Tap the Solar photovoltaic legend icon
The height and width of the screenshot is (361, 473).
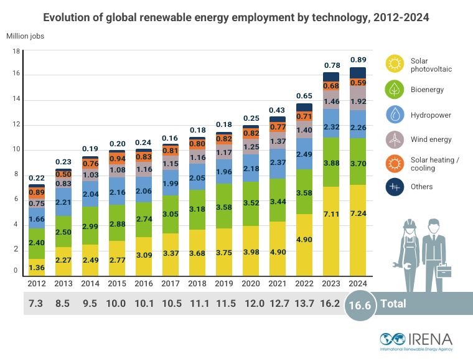click(395, 65)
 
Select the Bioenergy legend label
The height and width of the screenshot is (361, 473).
click(426, 90)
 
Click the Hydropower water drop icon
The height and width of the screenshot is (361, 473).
click(395, 115)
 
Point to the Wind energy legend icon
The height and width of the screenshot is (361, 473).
click(395, 139)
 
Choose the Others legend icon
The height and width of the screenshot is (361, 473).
click(395, 187)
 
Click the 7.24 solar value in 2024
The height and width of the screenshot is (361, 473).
click(358, 240)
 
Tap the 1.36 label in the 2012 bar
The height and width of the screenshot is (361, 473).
click(37, 268)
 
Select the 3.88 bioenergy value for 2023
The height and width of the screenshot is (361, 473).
click(331, 163)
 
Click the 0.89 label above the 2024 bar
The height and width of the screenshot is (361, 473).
click(358, 60)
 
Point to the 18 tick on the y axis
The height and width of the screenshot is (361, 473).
click(16, 52)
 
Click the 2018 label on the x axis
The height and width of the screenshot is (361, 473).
click(197, 284)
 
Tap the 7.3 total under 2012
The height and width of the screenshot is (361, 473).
click(37, 304)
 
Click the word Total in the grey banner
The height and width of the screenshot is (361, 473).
click(393, 304)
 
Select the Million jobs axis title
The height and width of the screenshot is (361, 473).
click(26, 35)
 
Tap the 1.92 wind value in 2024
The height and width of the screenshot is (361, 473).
click(358, 101)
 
